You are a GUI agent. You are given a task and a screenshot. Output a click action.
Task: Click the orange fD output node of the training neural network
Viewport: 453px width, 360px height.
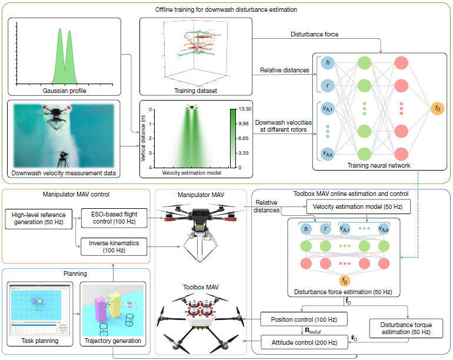pyautogui.click(x=437, y=109)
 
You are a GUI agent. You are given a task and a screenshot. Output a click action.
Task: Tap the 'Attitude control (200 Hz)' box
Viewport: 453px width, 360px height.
pyautogui.click(x=304, y=342)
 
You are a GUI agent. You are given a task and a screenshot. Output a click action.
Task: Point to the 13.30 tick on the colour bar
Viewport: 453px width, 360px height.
pyautogui.click(x=244, y=109)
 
